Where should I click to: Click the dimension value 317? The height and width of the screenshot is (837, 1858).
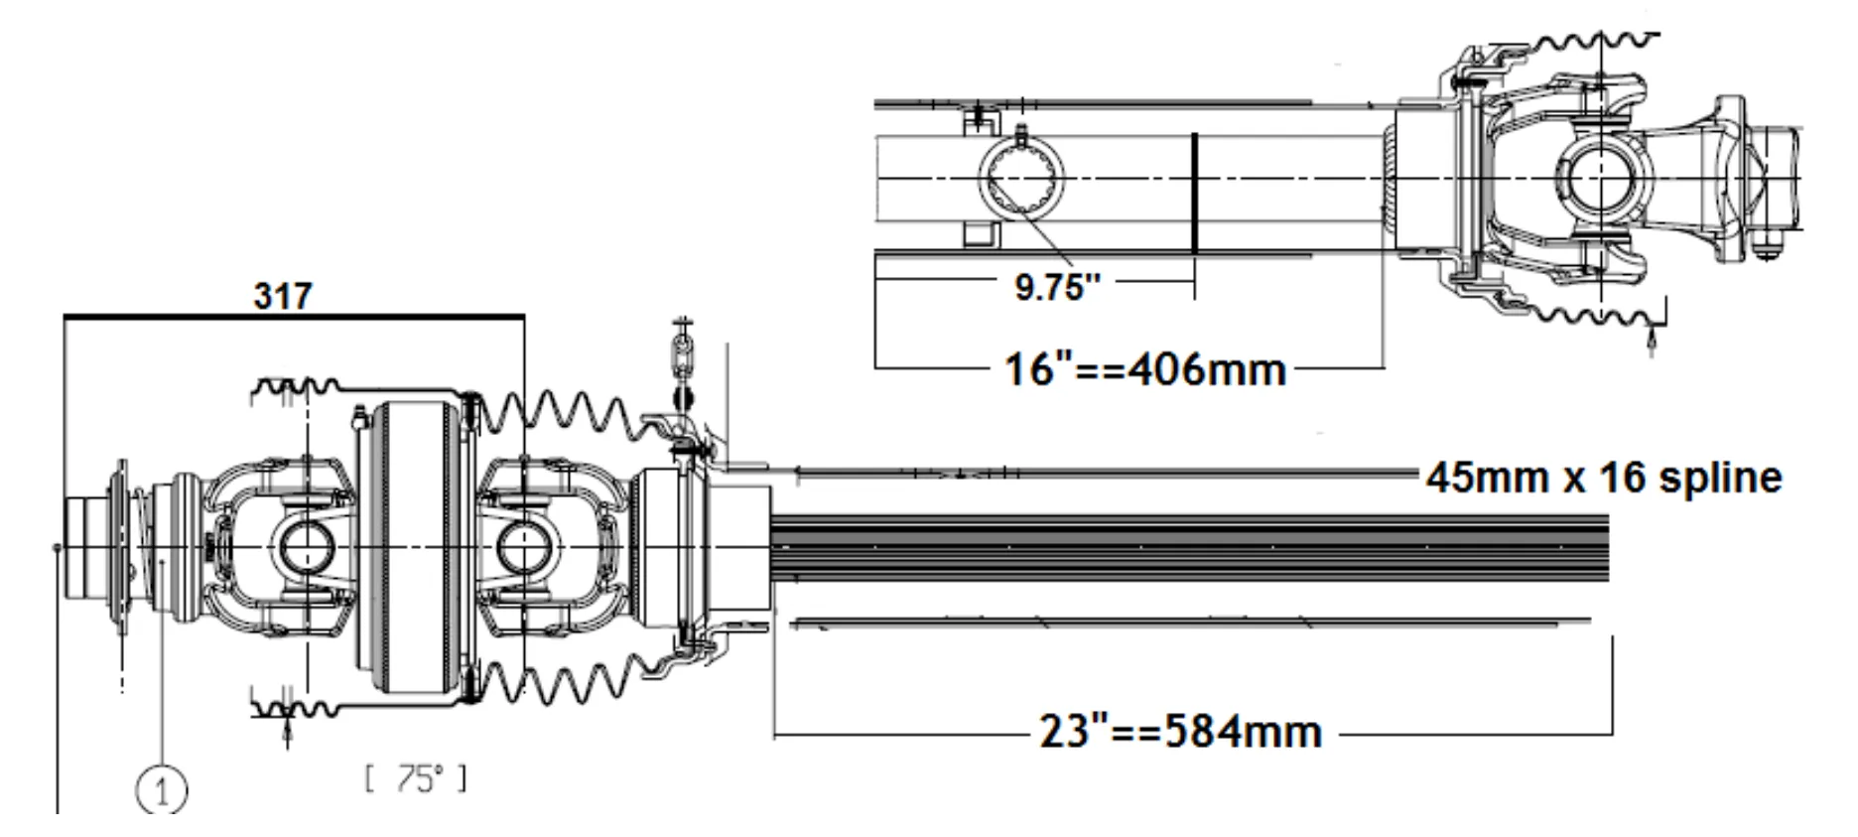(x=283, y=296)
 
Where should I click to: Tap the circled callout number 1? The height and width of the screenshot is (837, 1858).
(x=161, y=791)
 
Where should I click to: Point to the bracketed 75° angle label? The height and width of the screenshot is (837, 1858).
(x=416, y=779)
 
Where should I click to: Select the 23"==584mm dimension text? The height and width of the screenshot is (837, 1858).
(x=1181, y=733)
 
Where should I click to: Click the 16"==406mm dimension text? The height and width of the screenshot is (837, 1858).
(x=1145, y=369)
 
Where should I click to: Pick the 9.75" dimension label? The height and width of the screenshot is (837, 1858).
(x=1058, y=287)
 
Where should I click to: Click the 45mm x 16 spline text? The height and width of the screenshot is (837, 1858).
(x=1604, y=478)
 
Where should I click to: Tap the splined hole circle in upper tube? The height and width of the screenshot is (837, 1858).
(x=1022, y=178)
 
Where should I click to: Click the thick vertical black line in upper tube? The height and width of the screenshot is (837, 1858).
(x=1194, y=194)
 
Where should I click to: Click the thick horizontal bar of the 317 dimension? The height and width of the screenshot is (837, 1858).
(x=293, y=317)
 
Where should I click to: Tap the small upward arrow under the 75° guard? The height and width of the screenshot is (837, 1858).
(x=288, y=734)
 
